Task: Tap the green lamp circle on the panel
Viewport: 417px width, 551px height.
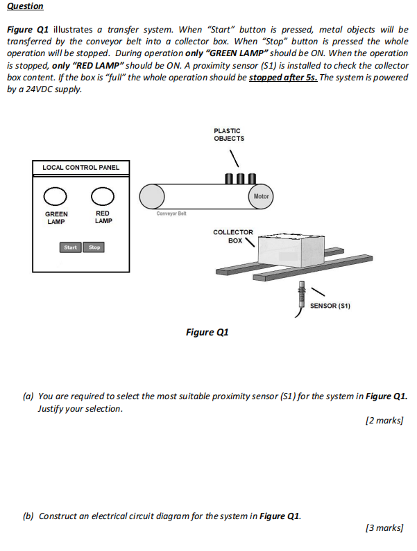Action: pos(56,196)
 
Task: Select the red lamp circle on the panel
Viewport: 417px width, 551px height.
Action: pos(103,196)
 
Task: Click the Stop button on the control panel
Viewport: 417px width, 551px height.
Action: pos(94,247)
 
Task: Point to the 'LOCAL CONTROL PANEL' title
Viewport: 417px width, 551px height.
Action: pos(80,167)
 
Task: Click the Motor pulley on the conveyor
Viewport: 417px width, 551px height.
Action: pos(261,196)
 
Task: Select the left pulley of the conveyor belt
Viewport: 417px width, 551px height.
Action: pos(152,197)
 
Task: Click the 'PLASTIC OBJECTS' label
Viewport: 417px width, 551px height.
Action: pos(228,134)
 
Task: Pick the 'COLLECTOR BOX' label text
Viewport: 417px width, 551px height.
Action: pos(232,236)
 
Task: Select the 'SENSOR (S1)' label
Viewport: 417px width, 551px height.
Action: pos(330,306)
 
